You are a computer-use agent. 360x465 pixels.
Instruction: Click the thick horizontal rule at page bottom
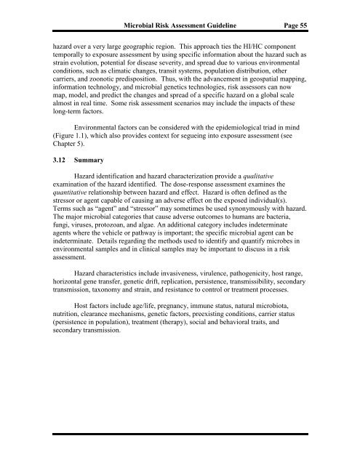click(x=180, y=432)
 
